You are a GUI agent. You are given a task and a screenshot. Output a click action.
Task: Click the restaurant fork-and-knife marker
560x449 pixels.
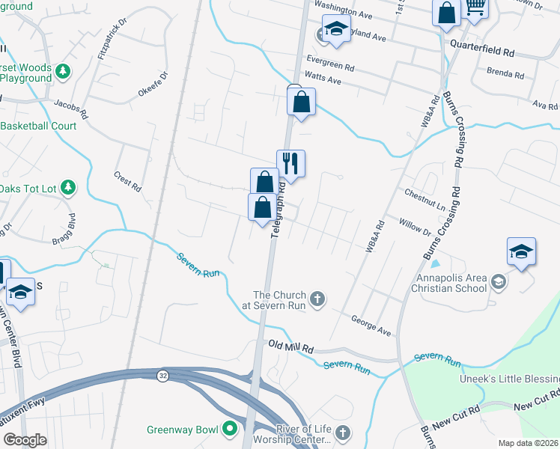(290, 162)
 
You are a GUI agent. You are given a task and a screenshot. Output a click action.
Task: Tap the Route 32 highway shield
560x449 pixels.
(162, 374)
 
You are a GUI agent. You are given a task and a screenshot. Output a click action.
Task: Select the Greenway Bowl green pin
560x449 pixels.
(229, 430)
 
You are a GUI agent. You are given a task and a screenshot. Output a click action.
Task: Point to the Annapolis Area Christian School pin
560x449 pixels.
(499, 281)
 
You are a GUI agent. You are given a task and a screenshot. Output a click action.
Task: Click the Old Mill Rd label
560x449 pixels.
(290, 347)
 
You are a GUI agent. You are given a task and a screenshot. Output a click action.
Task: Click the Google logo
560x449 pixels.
(24, 441)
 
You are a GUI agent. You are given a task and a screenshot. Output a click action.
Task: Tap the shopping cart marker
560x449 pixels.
(475, 7)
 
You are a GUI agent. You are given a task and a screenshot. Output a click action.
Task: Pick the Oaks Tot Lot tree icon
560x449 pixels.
(67, 187)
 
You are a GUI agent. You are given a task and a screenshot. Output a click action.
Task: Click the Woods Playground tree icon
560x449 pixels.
(63, 71)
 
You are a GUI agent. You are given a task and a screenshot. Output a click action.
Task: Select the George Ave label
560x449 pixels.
(371, 325)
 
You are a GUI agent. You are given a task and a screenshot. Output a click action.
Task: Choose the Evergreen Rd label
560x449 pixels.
(329, 63)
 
